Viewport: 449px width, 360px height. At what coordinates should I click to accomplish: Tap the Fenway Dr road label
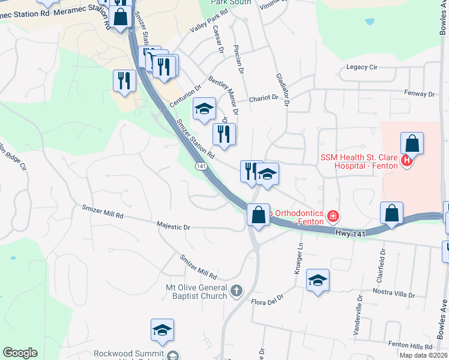[420, 94]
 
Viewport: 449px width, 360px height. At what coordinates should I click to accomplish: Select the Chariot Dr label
[264, 98]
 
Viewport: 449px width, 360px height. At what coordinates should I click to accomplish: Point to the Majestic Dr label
[173, 227]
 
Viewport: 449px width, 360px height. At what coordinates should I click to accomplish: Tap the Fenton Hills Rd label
[410, 347]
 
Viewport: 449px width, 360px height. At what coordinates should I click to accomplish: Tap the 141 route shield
[201, 166]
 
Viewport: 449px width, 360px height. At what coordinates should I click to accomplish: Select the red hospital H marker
[406, 161]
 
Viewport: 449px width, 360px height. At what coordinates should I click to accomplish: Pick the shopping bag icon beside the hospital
[412, 145]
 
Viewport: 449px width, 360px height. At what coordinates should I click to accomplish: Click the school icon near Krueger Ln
[318, 281]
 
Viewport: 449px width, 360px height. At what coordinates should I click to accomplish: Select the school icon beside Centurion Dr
[204, 109]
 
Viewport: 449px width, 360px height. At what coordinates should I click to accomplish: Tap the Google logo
[20, 353]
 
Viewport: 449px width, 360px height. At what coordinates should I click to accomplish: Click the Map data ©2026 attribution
[423, 355]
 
